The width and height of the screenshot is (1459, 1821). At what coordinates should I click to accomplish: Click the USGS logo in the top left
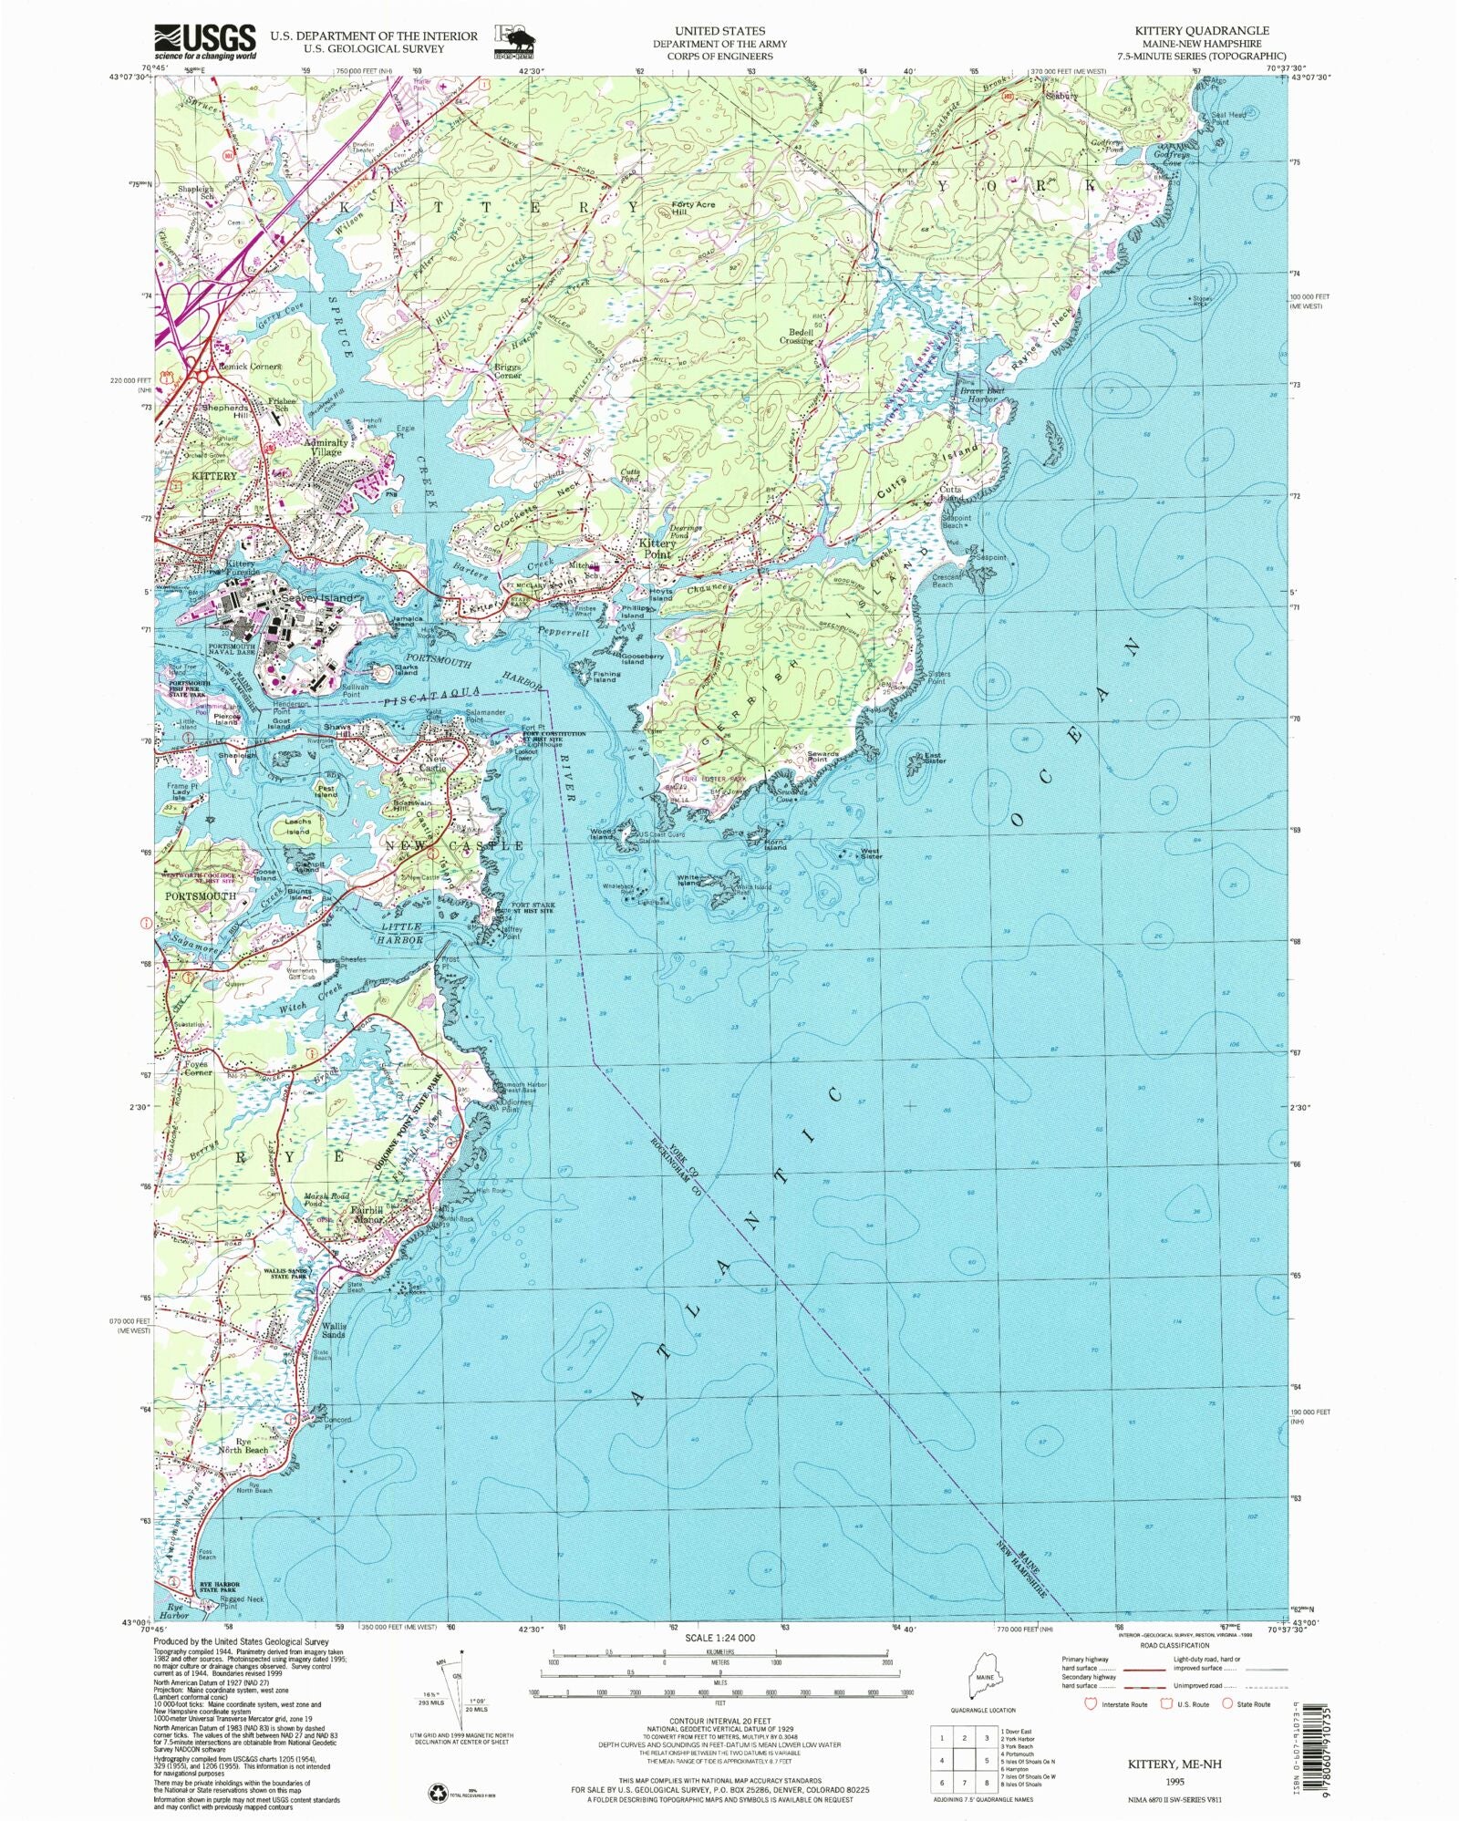click(x=205, y=41)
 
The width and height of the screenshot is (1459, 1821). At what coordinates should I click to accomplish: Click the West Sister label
click(x=871, y=854)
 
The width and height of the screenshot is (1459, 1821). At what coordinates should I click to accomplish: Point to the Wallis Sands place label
click(x=333, y=1330)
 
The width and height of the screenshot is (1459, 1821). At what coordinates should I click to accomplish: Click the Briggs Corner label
click(x=508, y=371)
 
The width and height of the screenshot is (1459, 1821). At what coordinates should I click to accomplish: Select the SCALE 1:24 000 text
click(x=719, y=1638)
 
